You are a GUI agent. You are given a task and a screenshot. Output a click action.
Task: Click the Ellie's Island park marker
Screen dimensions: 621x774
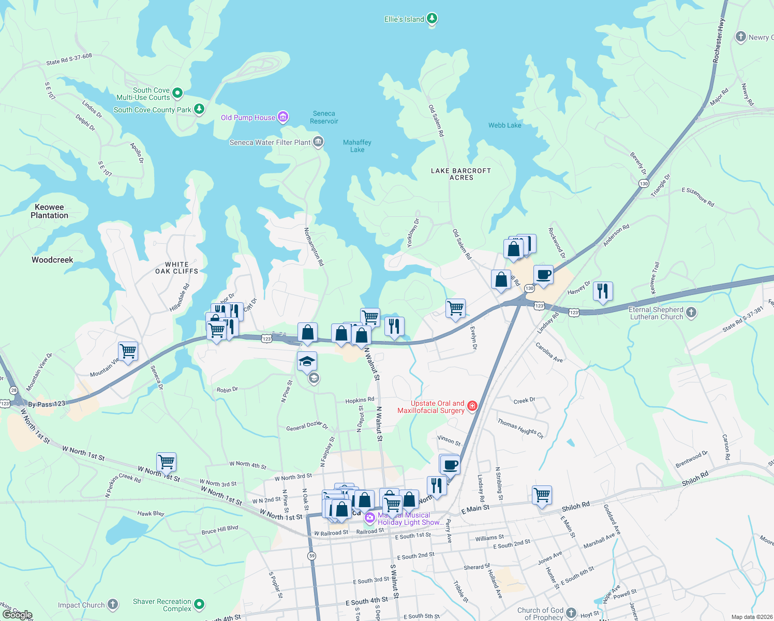click(x=431, y=19)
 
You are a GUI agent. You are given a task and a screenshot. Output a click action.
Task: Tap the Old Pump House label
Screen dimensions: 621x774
click(x=248, y=117)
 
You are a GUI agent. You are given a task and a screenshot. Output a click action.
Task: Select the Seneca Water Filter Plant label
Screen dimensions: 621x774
click(x=270, y=142)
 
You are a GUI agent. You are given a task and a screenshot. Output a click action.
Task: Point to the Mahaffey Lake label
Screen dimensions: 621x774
click(x=357, y=146)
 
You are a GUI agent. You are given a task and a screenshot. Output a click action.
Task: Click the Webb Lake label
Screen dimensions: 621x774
click(x=504, y=125)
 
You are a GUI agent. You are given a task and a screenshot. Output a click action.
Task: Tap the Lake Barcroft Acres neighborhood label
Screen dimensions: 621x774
click(x=461, y=174)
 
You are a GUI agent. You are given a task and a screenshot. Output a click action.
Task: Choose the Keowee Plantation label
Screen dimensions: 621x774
click(x=49, y=211)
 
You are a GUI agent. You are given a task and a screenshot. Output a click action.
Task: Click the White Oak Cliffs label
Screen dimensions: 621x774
click(x=176, y=268)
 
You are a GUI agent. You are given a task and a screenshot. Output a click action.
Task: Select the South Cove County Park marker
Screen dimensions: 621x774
click(x=199, y=109)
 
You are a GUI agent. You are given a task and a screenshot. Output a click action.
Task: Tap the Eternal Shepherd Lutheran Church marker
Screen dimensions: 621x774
click(x=691, y=313)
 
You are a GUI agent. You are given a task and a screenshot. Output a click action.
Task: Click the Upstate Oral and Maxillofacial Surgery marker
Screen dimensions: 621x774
click(x=472, y=406)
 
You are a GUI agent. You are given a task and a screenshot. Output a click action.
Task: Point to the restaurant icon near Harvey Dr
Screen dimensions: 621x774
click(x=603, y=291)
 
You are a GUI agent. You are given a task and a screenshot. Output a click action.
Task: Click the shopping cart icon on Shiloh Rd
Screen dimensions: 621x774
click(x=542, y=495)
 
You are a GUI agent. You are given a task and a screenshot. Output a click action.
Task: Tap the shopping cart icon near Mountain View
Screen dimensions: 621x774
click(x=128, y=351)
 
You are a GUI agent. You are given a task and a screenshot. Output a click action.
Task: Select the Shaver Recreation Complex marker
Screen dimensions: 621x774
click(x=199, y=604)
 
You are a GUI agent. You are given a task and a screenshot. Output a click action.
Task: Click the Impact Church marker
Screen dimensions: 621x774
click(x=112, y=604)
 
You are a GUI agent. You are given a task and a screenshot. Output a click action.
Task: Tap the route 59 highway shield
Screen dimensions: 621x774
click(x=311, y=556)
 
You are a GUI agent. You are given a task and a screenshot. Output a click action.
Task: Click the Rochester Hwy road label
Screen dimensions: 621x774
click(x=719, y=41)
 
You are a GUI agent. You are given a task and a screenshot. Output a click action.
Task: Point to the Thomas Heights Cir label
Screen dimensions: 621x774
click(x=520, y=428)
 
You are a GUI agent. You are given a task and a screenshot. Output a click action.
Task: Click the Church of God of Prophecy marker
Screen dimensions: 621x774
click(x=571, y=613)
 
